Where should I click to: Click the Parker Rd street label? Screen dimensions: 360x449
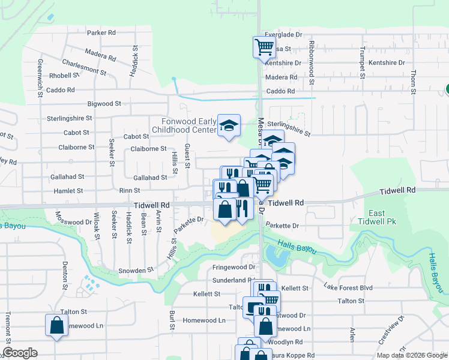click(101, 33)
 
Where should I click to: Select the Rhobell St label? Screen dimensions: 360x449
click(64, 76)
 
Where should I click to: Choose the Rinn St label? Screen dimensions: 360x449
click(129, 190)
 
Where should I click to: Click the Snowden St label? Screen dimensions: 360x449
click(132, 271)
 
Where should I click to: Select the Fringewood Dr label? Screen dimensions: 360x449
click(234, 267)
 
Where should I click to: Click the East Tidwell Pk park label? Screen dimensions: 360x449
click(376, 218)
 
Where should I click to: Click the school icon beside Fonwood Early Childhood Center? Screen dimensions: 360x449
click(229, 125)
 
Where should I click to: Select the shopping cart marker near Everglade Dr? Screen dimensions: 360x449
click(264, 46)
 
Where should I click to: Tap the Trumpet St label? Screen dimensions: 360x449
click(362, 58)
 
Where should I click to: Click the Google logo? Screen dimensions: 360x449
click(20, 353)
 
